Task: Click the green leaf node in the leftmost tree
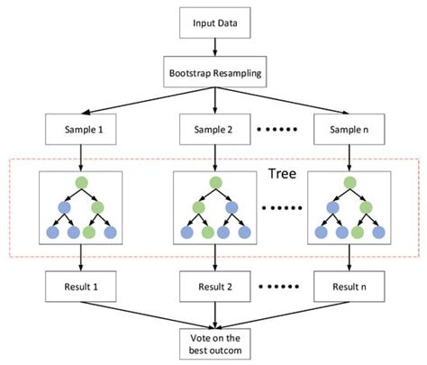pyautogui.click(x=89, y=232)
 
